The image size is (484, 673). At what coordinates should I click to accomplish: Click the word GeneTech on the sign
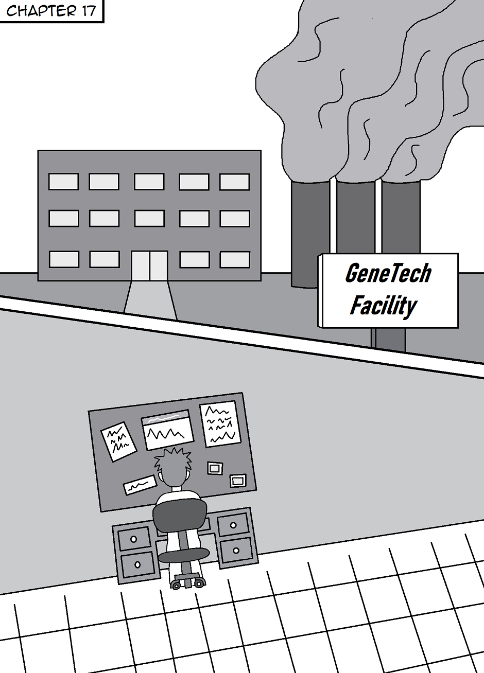point(388,273)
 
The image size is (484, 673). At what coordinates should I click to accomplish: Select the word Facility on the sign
point(383,305)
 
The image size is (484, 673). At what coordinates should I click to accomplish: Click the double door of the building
point(149,265)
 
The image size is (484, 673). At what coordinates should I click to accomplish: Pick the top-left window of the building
point(64,182)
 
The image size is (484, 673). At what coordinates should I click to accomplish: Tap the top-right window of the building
point(235,182)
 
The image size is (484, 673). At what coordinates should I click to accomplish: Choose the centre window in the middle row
point(149,219)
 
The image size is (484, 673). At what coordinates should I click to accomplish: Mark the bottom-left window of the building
point(64,259)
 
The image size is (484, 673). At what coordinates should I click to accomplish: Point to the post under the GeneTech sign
point(389,340)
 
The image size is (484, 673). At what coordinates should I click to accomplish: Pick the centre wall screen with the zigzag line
point(167,430)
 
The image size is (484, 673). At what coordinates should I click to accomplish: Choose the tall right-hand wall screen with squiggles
point(220,423)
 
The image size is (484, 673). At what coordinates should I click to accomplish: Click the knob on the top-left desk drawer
point(134,539)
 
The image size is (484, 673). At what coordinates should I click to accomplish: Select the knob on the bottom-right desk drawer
point(236,551)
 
